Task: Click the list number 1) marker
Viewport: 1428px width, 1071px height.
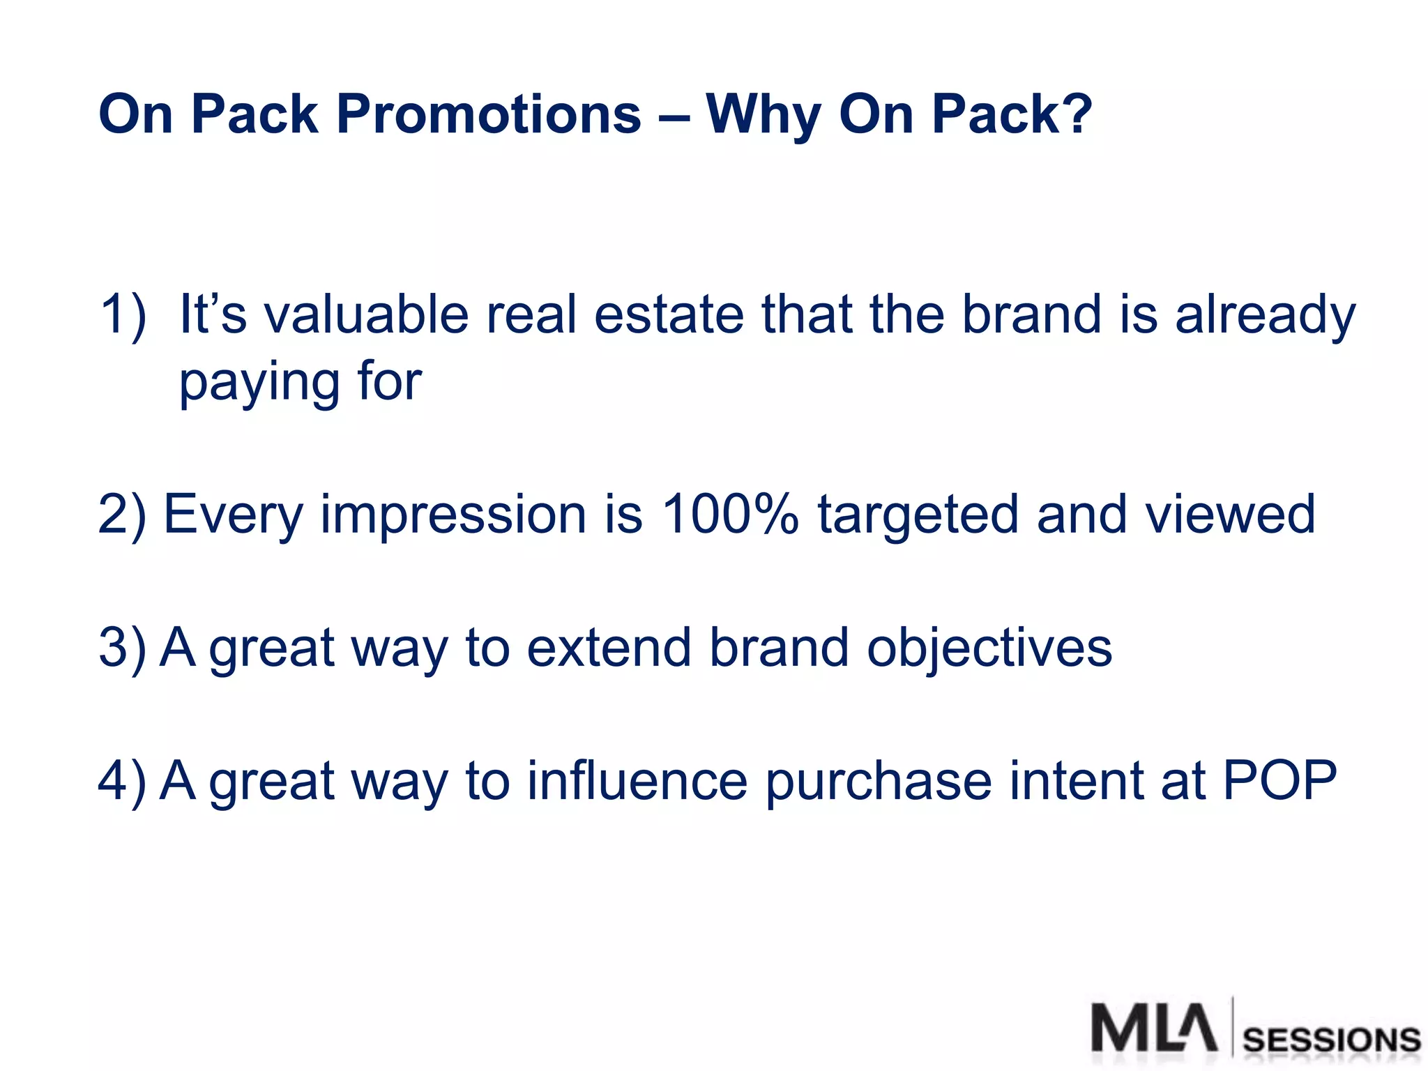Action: (x=123, y=315)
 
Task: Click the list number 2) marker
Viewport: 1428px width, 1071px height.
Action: (x=122, y=515)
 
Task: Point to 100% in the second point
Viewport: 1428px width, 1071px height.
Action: (x=729, y=515)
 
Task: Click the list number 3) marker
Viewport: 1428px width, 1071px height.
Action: (x=122, y=648)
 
